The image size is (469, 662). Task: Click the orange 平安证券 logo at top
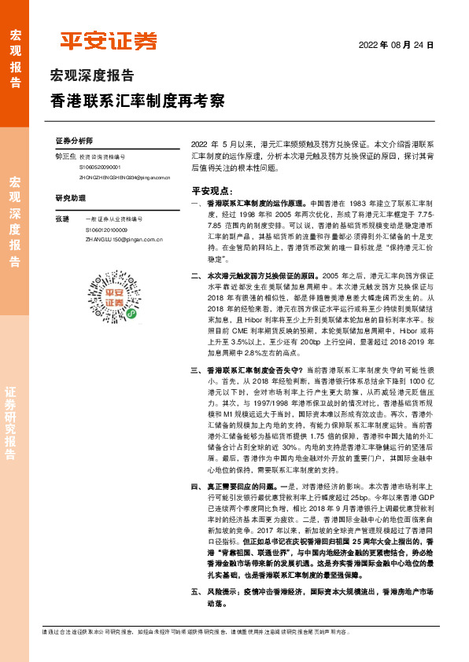point(109,41)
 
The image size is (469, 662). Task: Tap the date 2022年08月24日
point(396,46)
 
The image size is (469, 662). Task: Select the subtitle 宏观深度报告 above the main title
point(92,76)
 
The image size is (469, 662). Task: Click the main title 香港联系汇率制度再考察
point(138,101)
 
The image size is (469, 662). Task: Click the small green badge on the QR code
point(130,312)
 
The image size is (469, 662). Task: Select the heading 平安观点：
point(212,190)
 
